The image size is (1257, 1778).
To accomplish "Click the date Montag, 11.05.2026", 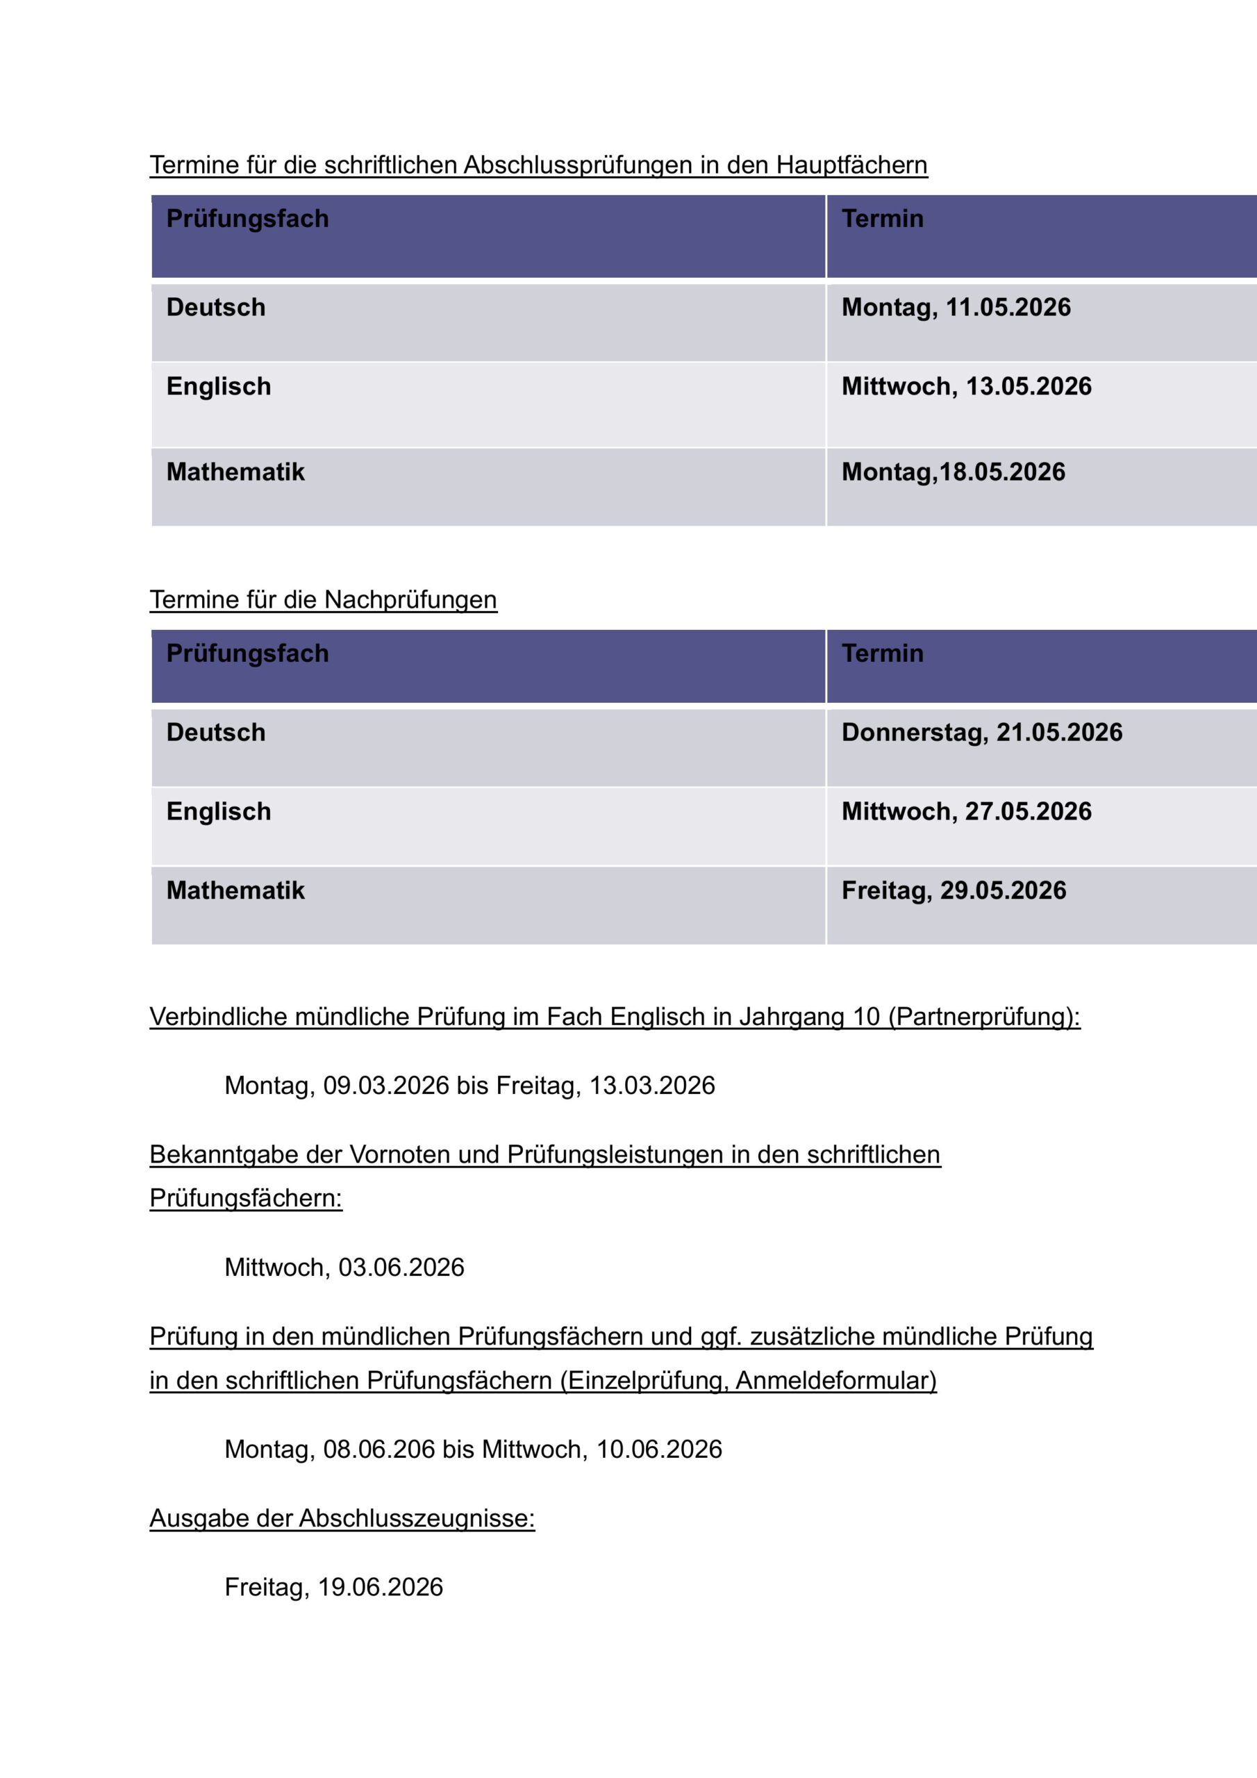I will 956,308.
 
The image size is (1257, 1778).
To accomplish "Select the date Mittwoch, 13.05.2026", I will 966,386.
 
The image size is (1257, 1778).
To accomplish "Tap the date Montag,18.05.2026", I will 953,472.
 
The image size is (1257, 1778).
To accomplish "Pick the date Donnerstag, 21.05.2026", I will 981,733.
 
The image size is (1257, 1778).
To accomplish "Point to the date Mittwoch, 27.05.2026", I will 966,812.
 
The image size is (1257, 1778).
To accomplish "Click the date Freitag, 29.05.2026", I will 954,890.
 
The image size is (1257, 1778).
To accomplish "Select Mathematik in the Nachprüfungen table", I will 235,890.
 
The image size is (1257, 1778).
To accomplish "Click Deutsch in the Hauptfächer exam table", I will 215,308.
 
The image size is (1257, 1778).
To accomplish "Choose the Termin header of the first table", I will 882,219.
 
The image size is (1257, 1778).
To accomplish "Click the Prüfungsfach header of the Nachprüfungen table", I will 247,654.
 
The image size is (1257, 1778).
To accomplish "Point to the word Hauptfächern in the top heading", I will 851,166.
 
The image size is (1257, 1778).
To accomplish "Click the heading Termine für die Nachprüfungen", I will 323,600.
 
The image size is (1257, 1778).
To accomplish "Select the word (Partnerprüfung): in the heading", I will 983,1017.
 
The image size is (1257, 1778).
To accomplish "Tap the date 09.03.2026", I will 385,1086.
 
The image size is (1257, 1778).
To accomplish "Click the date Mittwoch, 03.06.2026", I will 344,1268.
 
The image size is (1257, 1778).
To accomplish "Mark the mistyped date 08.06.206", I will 378,1449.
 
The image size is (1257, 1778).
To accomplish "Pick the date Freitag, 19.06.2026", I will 333,1588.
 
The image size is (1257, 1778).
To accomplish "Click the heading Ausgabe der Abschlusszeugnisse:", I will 342,1518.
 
